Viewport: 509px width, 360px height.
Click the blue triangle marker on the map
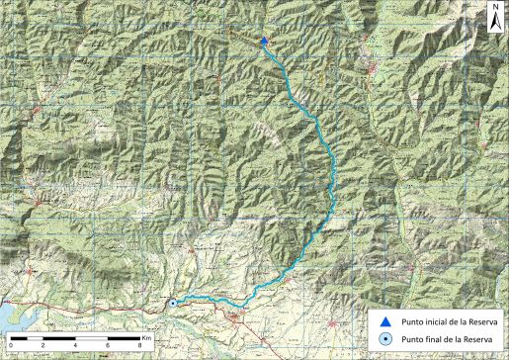click(x=264, y=41)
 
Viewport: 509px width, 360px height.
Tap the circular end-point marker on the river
click(x=172, y=304)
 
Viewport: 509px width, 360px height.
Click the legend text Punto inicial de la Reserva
click(x=444, y=321)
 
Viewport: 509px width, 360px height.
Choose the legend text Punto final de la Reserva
click(x=442, y=339)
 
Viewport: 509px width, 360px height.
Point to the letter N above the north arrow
click(x=493, y=7)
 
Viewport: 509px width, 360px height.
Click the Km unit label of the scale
click(x=145, y=337)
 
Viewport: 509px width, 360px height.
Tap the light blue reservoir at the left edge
click(x=9, y=315)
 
